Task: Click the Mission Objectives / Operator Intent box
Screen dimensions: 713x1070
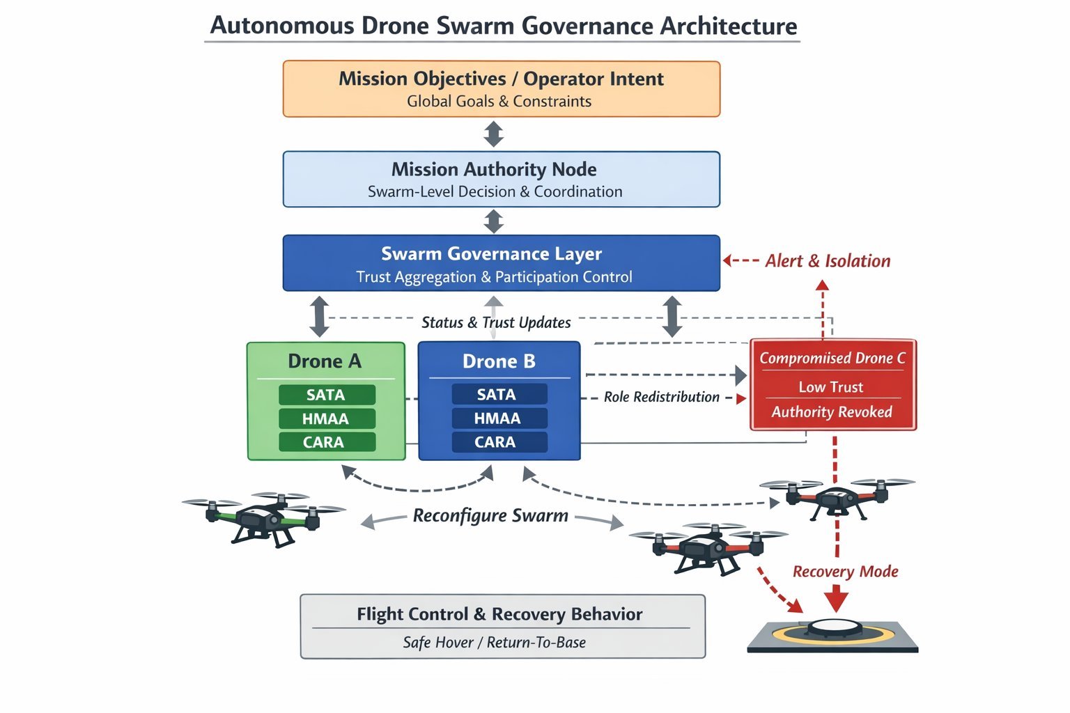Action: click(x=501, y=89)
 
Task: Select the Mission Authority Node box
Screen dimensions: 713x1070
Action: click(x=501, y=180)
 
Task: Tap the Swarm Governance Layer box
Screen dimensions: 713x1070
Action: click(x=501, y=263)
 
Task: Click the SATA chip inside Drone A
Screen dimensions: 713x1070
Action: click(x=326, y=395)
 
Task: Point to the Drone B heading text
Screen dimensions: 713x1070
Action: click(x=499, y=361)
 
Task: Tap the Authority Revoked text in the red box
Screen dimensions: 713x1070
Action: click(x=832, y=412)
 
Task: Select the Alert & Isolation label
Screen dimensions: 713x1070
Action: click(x=828, y=261)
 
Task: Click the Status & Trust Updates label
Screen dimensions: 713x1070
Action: click(x=496, y=322)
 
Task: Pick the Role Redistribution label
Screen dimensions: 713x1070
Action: click(x=661, y=397)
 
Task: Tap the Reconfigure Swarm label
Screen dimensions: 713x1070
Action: click(x=490, y=516)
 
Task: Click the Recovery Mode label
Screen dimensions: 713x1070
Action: click(x=845, y=572)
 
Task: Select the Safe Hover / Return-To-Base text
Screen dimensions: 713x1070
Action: click(x=494, y=642)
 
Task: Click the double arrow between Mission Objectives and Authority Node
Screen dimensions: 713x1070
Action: click(x=494, y=134)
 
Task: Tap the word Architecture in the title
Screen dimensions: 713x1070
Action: click(x=728, y=26)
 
